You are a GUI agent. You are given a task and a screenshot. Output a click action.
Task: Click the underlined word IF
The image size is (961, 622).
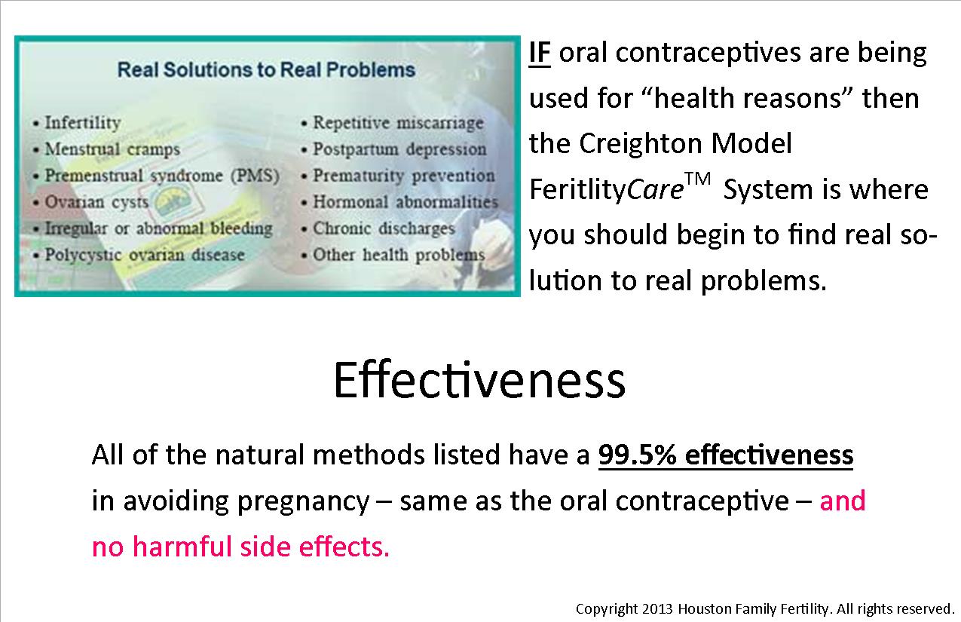540,54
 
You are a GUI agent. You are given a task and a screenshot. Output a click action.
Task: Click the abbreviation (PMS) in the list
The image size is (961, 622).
255,176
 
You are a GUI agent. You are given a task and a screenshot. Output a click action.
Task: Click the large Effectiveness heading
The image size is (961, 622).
479,380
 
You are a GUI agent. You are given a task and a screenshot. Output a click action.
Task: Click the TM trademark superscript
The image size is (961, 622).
698,179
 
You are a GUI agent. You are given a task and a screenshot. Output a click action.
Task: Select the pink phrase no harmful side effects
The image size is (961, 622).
240,547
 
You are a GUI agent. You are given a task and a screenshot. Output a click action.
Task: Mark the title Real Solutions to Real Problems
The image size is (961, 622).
266,70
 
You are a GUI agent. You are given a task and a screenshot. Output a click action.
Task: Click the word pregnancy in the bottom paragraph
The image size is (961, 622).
303,502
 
